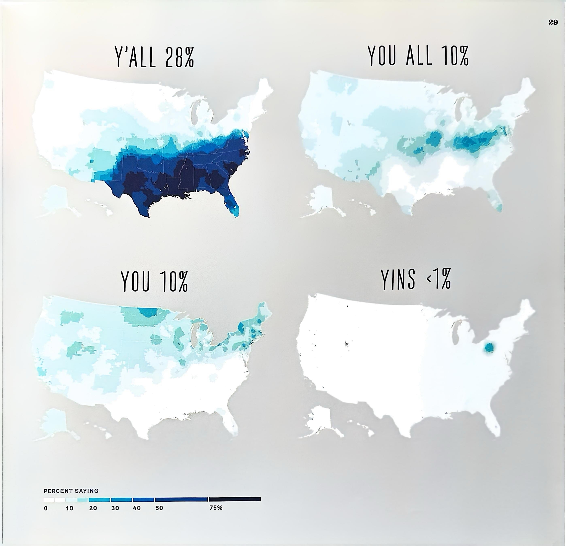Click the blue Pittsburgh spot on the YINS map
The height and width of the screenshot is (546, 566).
(489, 348)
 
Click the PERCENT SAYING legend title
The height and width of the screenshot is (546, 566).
(71, 491)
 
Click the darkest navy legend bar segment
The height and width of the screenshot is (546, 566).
(234, 499)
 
